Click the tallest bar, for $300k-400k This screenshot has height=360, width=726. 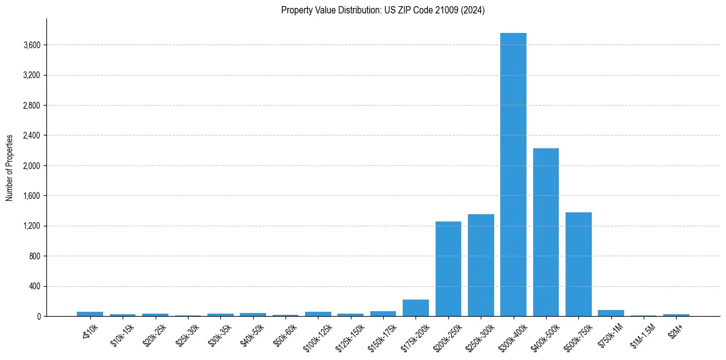(513, 175)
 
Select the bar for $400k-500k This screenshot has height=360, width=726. (546, 232)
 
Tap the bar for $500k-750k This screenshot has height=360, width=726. (578, 264)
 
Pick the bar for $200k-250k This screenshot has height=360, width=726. (448, 268)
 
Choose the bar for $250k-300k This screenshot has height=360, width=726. (481, 265)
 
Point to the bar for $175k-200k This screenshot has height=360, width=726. (415, 308)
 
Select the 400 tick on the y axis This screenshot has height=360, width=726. (34, 286)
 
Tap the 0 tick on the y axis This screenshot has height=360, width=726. (38, 317)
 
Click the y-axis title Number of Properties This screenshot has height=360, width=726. (10, 167)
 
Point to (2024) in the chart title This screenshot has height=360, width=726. (473, 10)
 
